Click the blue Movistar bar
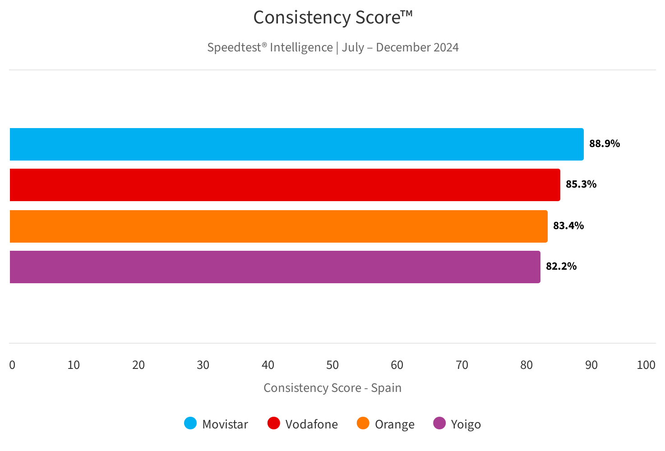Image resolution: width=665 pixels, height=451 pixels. pos(296,144)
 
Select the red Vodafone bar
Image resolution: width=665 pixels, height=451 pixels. pos(285,185)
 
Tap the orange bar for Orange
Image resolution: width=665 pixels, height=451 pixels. pos(278,226)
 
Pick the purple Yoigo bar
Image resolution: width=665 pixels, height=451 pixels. pos(275,267)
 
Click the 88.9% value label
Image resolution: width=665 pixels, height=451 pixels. pos(605,144)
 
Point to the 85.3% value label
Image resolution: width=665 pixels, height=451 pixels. pos(581,184)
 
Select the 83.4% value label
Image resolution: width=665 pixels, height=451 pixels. pos(568,226)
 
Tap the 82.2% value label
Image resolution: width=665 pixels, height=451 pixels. pos(561,267)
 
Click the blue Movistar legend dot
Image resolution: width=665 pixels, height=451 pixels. pos(190,423)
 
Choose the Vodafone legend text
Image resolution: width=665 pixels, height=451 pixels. pos(311,424)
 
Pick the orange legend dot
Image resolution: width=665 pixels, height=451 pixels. pos(363,423)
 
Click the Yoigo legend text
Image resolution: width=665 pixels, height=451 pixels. pos(466,424)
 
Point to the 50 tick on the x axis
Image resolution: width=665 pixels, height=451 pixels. pos(332,365)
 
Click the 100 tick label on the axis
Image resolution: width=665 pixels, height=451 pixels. pos(646,365)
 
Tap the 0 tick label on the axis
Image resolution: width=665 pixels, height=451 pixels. pos(12,365)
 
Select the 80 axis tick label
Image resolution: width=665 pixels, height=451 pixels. pos(526,365)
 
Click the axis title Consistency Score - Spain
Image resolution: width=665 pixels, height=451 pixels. pos(332,388)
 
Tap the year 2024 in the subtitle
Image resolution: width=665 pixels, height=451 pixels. pos(446,47)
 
